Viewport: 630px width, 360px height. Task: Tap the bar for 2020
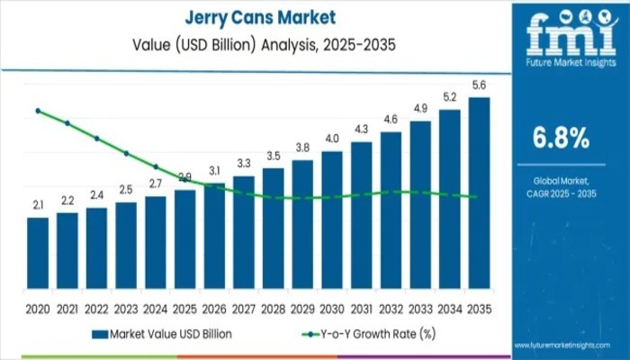coord(38,252)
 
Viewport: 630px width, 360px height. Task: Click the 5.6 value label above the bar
coord(480,85)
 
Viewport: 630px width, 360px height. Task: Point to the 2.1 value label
coord(38,206)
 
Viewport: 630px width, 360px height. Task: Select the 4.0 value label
coord(332,139)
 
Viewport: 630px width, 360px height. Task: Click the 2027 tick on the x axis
coord(244,308)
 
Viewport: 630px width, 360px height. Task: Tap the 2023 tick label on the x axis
coord(126,308)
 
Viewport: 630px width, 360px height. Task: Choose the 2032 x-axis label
coord(391,308)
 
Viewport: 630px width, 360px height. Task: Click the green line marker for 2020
coord(38,111)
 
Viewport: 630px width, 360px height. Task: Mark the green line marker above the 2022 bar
coord(97,139)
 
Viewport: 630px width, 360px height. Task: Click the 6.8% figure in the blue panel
coord(561,138)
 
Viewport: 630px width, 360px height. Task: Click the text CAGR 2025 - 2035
coord(561,192)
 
